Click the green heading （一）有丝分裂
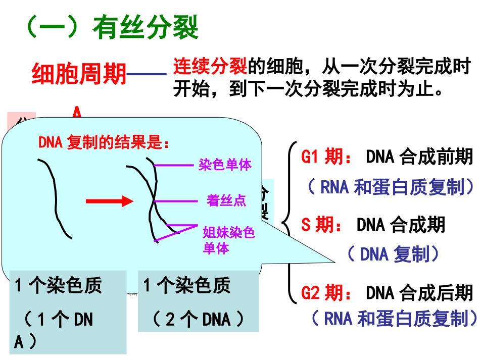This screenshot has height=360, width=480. point(112,28)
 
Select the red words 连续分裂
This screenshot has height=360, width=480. point(210,66)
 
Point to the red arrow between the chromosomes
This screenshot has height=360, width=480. point(108,201)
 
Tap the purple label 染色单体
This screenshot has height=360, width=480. point(225,165)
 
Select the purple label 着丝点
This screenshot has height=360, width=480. point(226,200)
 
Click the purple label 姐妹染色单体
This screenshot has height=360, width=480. point(228,240)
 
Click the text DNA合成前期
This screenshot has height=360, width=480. point(419,158)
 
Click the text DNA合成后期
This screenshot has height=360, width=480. point(419,292)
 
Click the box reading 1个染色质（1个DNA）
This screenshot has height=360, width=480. point(68,312)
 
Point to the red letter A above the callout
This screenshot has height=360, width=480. point(76,112)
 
